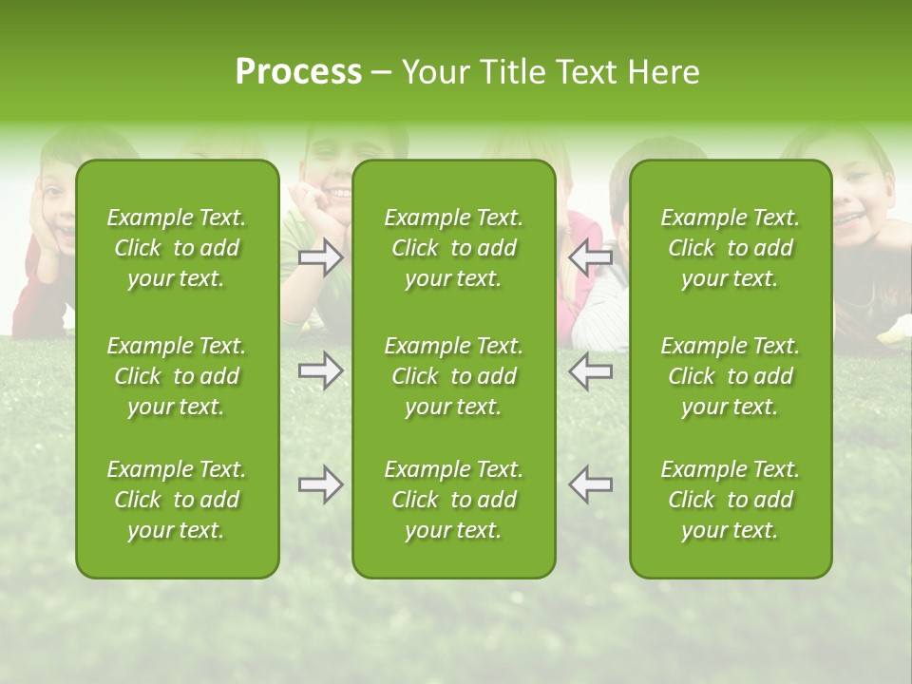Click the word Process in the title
pos(298,72)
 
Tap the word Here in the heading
pos(663,72)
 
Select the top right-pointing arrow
pos(320,257)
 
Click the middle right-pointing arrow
pos(320,370)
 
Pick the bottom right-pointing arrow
pos(320,484)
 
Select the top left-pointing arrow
pos(591,257)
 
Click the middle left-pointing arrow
pos(591,370)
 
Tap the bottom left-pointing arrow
pos(591,484)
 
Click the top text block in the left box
pos(177,248)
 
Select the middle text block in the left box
pos(177,376)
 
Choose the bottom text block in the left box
pos(177,500)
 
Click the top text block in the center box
pos(453,248)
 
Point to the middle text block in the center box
pos(453,376)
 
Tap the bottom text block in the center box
pos(453,500)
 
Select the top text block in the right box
pos(730,248)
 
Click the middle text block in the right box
pos(730,376)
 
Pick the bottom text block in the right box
pos(730,500)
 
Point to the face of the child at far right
pos(860,204)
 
